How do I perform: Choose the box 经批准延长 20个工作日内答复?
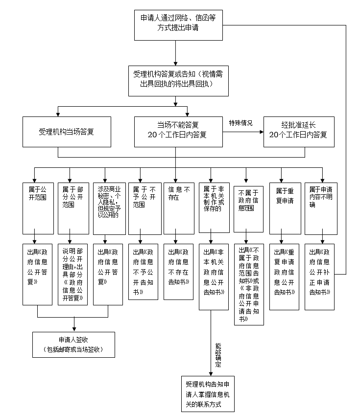[298, 132]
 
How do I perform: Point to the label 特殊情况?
[240, 123]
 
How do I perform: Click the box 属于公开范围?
[38, 207]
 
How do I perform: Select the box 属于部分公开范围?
[72, 207]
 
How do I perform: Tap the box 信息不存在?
[178, 207]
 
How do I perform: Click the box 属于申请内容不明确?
[321, 207]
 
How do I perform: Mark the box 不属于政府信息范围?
[249, 207]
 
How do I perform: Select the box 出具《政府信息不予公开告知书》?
[143, 271]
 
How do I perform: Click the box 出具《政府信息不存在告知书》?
[178, 271]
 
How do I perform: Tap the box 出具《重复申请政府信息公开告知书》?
[285, 276]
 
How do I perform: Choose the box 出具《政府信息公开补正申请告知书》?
[321, 276]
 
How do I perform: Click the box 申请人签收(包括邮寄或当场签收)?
[73, 345]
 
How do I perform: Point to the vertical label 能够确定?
[218, 355]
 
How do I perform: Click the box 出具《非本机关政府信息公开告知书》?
[214, 276]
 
